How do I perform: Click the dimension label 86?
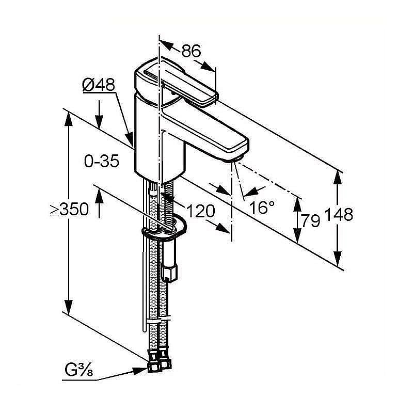tap(190, 51)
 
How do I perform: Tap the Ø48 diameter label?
tap(98, 85)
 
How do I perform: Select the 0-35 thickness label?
tap(101, 161)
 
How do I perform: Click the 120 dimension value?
tap(200, 211)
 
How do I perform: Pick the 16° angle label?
tap(262, 208)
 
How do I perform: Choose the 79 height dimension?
tap(310, 221)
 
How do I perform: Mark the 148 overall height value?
tap(339, 214)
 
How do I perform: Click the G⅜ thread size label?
tap(78, 370)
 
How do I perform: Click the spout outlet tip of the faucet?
tap(235, 157)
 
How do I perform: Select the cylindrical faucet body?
tap(157, 139)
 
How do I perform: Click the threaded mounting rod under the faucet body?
tap(169, 204)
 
